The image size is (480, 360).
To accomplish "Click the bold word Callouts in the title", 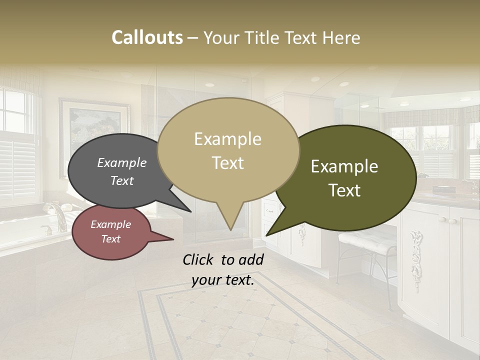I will (x=147, y=37).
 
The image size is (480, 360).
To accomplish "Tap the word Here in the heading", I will (x=342, y=37).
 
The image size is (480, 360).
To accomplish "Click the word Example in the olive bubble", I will (x=344, y=166).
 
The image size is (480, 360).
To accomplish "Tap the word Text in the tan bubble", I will (x=228, y=163).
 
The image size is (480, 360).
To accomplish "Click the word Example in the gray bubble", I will (x=122, y=162).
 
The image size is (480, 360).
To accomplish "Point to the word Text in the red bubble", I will (x=111, y=239).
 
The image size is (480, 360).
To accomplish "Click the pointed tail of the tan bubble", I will (x=230, y=222).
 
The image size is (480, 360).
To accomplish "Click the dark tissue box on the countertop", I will (x=444, y=190).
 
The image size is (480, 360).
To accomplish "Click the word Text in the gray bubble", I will (x=122, y=180).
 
